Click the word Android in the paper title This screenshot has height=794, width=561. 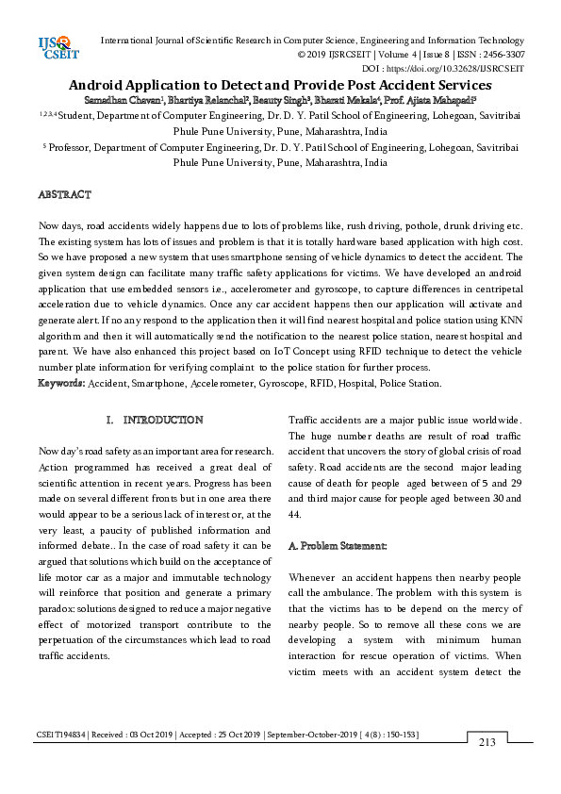point(98,85)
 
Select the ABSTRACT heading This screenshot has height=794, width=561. point(64,194)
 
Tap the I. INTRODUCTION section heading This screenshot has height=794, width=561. point(155,420)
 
